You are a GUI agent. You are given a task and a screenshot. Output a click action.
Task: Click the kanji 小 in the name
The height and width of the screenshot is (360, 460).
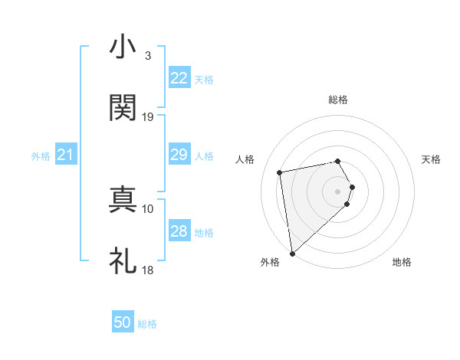[123, 47]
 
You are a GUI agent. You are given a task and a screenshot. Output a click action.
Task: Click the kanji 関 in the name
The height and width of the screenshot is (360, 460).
[123, 108]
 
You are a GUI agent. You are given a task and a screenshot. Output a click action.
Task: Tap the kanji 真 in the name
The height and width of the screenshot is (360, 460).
[123, 199]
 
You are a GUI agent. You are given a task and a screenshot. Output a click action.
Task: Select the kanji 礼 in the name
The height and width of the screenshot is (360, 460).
[123, 260]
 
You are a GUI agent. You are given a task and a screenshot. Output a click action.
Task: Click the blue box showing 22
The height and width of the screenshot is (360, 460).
[179, 78]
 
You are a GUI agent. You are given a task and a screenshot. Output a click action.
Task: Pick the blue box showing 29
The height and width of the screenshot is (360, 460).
[179, 155]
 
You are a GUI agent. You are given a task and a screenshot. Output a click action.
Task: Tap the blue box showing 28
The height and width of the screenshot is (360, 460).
[179, 231]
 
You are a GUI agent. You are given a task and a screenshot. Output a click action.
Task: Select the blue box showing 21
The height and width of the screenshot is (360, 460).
[65, 155]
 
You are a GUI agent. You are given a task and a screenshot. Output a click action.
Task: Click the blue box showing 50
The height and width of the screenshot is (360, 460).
[123, 322]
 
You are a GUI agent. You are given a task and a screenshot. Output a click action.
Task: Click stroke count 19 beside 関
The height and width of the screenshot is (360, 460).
[148, 117]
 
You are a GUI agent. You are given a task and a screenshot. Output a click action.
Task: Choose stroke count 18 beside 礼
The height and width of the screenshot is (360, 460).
[148, 270]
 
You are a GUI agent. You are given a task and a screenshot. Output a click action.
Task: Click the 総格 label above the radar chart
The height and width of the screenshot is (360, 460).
[338, 100]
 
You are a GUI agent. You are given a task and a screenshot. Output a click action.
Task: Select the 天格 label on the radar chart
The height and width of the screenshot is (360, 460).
[431, 159]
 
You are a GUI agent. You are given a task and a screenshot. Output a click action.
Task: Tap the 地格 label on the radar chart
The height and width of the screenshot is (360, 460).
[402, 262]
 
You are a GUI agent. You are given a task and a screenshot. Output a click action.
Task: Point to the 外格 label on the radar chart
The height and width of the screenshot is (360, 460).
[270, 262]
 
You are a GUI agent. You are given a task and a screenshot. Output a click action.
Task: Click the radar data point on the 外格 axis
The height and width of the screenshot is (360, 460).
[292, 253]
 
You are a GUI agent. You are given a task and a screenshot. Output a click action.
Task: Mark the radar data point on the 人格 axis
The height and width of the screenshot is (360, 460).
[280, 172]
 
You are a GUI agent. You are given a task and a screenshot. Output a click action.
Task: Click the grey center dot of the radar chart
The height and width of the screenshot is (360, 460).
[338, 191]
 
